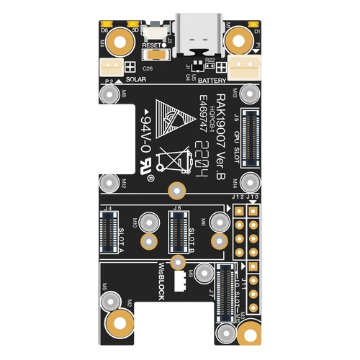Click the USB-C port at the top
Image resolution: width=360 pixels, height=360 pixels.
pyautogui.click(x=195, y=35)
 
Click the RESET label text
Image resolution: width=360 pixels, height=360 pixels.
pyautogui.click(x=152, y=45)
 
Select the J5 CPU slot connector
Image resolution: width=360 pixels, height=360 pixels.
pyautogui.click(x=251, y=135)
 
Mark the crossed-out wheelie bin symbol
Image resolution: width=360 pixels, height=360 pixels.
pyautogui.click(x=176, y=158)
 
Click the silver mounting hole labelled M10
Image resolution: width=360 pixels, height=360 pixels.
pyautogui.click(x=149, y=220)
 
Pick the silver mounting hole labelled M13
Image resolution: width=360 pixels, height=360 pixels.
pyautogui.click(x=250, y=93)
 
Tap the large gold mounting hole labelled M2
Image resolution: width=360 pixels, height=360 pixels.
pyautogui.click(x=120, y=323)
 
